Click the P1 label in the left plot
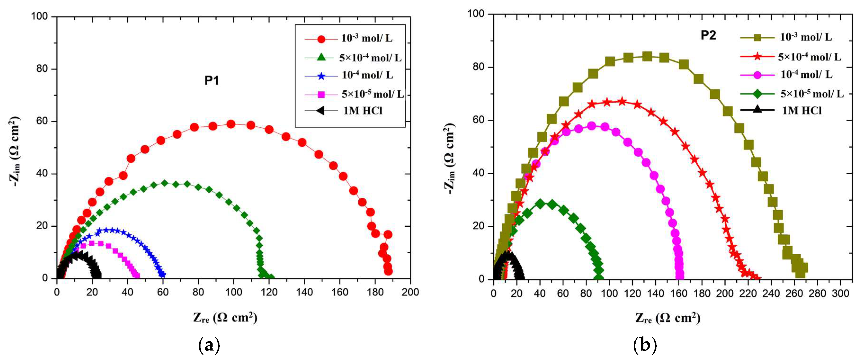click(212, 81)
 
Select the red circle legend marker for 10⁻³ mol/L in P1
click(321, 39)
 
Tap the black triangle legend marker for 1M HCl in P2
click(758, 109)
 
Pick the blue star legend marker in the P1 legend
click(321, 76)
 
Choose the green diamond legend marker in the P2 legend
click(758, 94)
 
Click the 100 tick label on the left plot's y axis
click(39, 16)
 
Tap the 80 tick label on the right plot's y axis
click(479, 67)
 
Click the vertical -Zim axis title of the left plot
click(15, 151)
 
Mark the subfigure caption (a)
click(209, 345)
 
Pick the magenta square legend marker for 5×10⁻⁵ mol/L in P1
click(321, 94)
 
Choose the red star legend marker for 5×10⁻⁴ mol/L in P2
click(758, 56)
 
